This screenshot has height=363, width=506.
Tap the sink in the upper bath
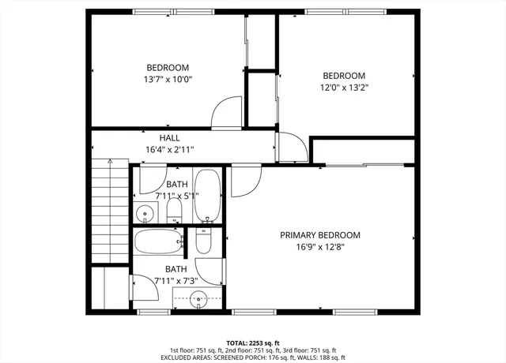145,213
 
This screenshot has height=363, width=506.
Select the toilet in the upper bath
174,211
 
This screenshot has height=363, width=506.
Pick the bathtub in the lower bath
158,241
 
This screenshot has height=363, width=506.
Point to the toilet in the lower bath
203,240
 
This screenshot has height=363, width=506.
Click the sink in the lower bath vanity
198,298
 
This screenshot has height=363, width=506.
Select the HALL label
169,137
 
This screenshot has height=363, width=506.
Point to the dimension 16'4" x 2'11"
169,149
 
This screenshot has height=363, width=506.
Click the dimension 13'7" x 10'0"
167,80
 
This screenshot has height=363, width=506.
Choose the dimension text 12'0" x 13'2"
343,88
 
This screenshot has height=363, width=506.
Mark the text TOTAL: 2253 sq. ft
253,342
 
